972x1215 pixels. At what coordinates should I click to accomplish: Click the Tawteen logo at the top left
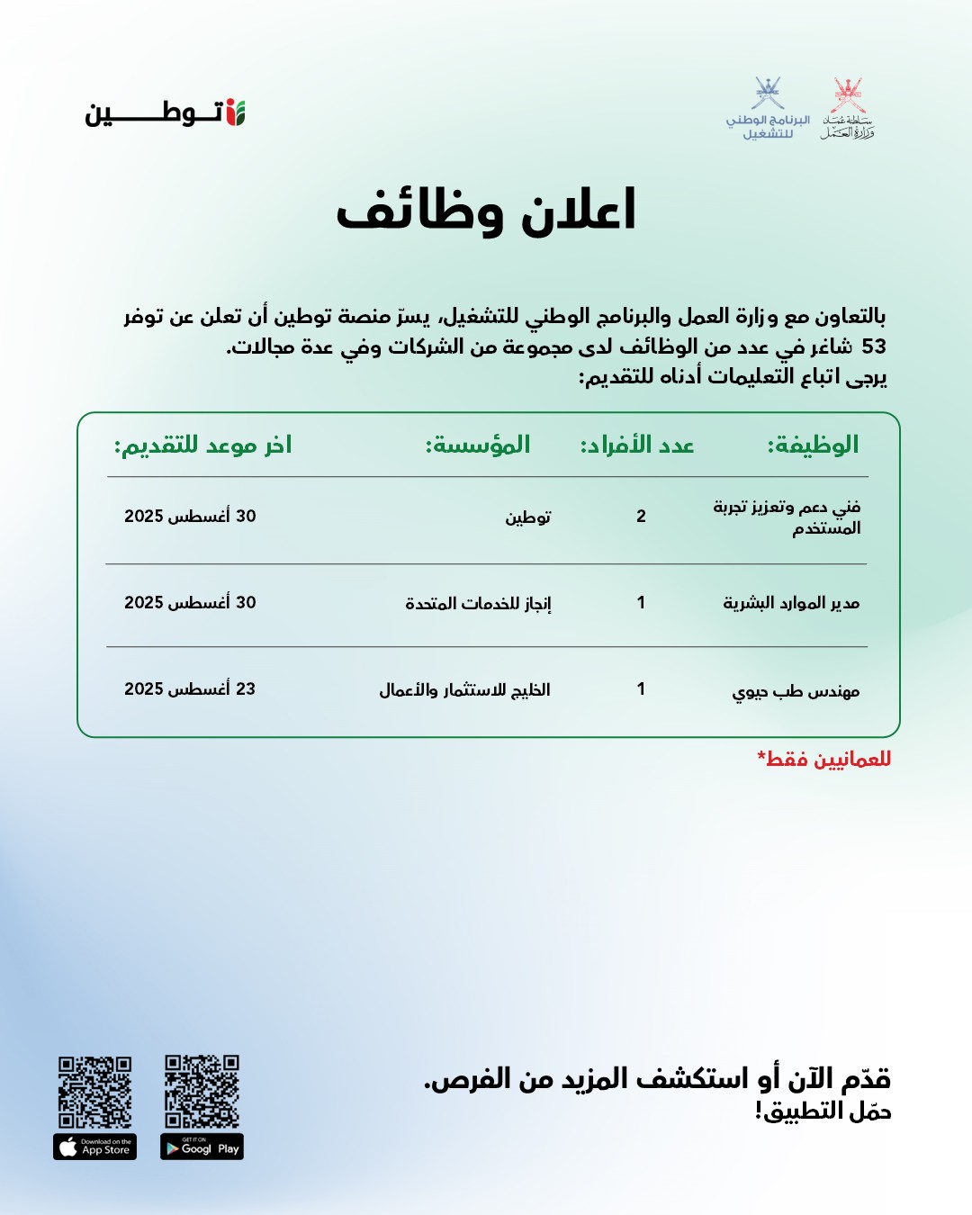[166, 113]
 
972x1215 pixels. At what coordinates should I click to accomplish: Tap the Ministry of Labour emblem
[848, 109]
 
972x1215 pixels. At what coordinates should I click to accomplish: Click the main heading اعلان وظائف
[486, 211]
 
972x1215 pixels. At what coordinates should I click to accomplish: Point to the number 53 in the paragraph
[873, 346]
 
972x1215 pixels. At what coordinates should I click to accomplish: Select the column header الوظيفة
[813, 445]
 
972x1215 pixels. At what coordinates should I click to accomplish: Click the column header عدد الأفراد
[637, 445]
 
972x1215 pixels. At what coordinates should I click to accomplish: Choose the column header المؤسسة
[478, 445]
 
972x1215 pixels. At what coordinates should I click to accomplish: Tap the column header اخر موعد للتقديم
[202, 445]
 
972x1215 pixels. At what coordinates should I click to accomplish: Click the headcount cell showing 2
[641, 516]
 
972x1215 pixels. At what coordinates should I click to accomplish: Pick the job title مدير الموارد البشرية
[791, 602]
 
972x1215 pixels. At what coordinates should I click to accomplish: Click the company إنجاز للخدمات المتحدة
[478, 603]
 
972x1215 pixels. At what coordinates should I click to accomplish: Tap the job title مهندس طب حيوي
[796, 690]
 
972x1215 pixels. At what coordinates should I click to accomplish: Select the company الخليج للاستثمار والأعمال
[464, 689]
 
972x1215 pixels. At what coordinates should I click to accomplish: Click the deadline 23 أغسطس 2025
[190, 688]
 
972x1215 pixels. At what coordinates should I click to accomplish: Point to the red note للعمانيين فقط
[824, 759]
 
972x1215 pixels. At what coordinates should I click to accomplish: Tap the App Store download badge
[94, 1147]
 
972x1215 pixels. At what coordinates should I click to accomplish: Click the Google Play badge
[202, 1147]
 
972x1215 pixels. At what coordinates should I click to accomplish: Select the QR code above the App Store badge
[94, 1092]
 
